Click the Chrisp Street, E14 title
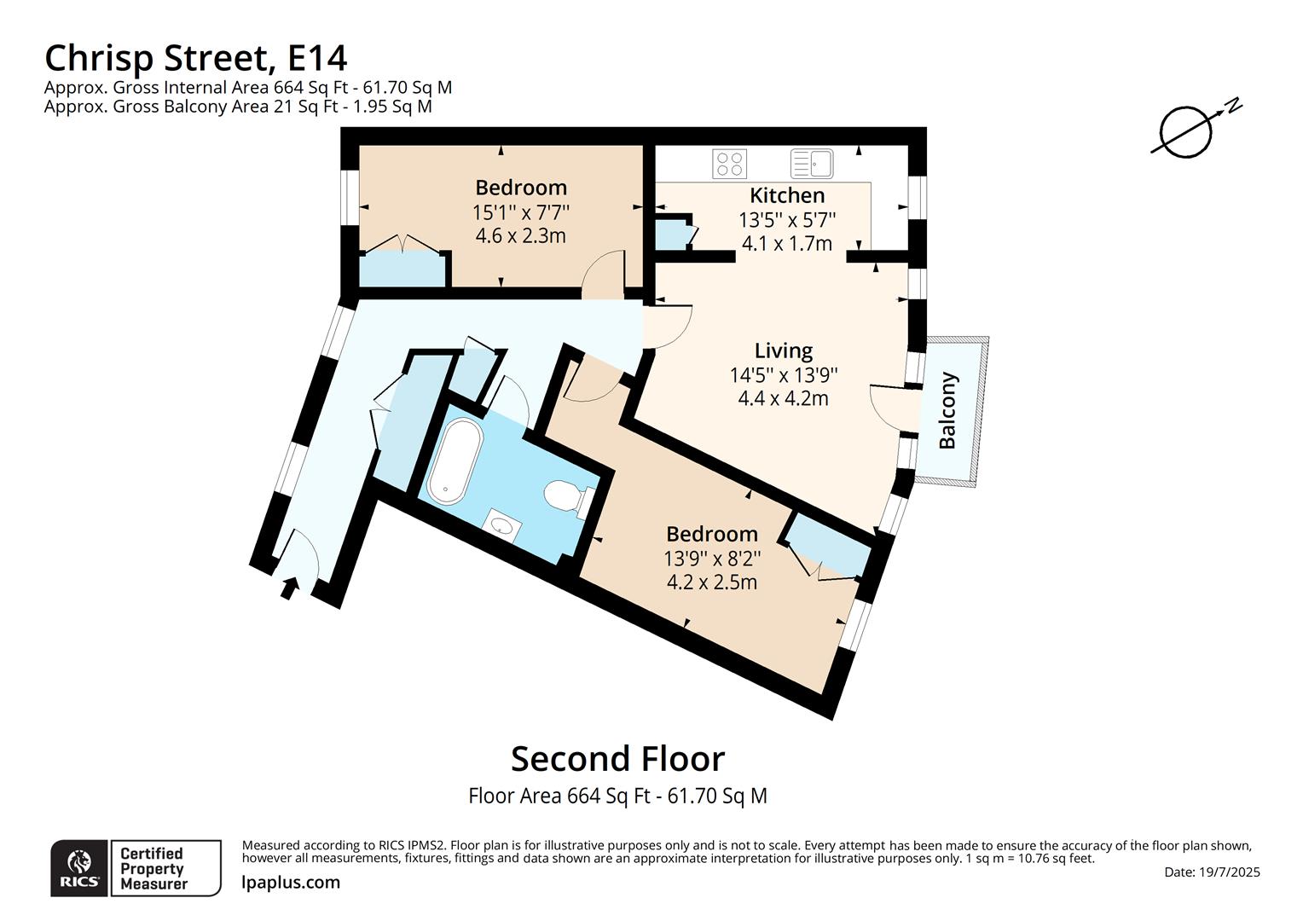(x=195, y=58)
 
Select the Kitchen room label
(x=786, y=195)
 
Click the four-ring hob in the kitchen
(x=729, y=163)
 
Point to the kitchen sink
(x=812, y=163)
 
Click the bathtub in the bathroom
(x=455, y=460)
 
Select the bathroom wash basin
(x=501, y=524)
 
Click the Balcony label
(x=947, y=410)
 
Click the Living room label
(x=783, y=350)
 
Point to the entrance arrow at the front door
(x=289, y=587)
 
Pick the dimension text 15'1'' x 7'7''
(x=520, y=211)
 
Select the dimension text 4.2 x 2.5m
(x=711, y=582)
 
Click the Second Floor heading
(x=617, y=758)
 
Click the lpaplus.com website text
(x=291, y=883)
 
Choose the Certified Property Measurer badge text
(x=152, y=868)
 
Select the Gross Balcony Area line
(x=238, y=107)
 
